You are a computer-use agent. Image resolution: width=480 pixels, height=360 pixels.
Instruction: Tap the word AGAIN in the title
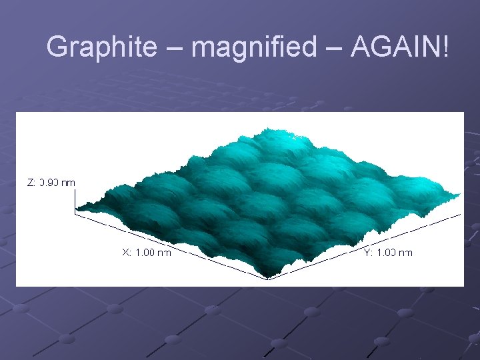pos(394,47)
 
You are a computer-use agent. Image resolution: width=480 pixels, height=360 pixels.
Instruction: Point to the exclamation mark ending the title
pos(445,47)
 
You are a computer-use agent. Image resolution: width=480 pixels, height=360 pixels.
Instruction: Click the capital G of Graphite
pos(58,47)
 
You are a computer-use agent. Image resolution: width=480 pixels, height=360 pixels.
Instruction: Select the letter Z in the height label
pos(30,182)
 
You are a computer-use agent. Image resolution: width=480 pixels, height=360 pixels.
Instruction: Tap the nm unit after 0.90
pos(69,182)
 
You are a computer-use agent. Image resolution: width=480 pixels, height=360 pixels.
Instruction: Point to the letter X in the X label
pos(125,253)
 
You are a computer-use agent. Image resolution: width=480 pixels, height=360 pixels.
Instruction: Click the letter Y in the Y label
pos(367,253)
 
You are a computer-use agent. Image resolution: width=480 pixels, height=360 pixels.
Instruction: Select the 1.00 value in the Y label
pos(387,253)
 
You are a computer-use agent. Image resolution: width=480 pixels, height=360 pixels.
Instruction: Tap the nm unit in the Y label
pos(406,253)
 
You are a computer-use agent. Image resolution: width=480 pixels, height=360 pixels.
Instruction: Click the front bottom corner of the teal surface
pos(268,277)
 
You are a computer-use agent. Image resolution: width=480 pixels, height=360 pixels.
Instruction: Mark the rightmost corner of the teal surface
pos(460,193)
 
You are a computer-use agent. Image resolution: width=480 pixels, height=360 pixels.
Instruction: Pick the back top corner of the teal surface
pos(267,129)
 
